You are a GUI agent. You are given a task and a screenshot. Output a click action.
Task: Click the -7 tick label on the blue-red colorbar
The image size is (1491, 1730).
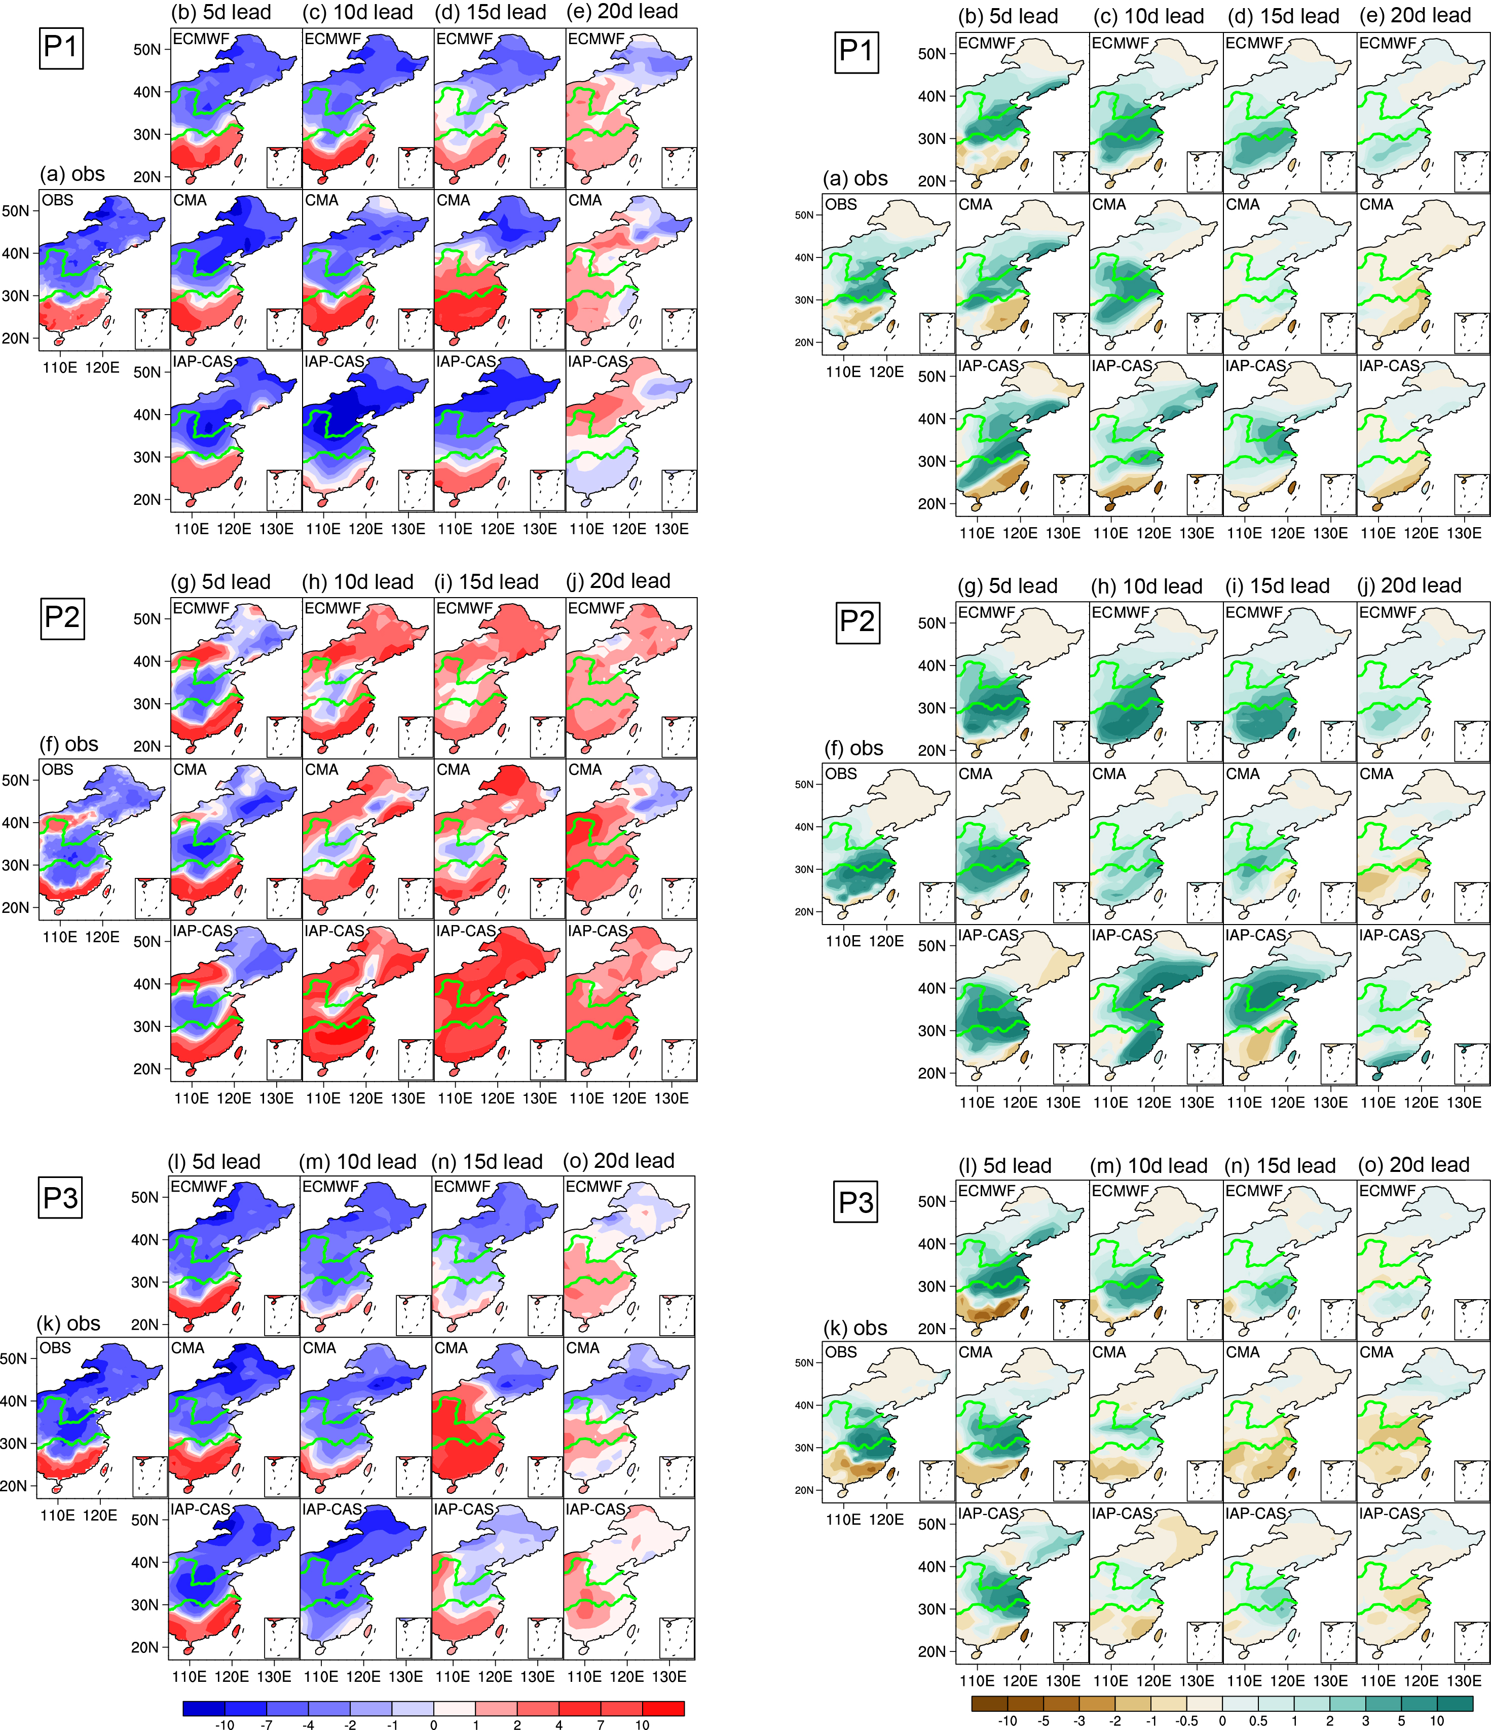click(266, 1723)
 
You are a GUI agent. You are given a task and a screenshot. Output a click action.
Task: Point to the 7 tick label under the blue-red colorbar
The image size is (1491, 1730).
click(600, 1723)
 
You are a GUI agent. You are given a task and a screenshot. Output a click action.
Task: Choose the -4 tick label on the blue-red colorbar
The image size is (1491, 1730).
click(308, 1723)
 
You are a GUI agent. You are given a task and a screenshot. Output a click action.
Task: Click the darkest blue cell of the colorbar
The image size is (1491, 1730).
click(204, 1708)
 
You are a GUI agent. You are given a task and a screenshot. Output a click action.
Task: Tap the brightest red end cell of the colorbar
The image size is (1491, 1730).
click(664, 1708)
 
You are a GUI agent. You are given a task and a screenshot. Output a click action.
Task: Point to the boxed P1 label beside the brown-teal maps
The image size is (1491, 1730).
click(856, 50)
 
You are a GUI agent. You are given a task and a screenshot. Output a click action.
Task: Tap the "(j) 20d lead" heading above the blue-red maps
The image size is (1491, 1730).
click(619, 580)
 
